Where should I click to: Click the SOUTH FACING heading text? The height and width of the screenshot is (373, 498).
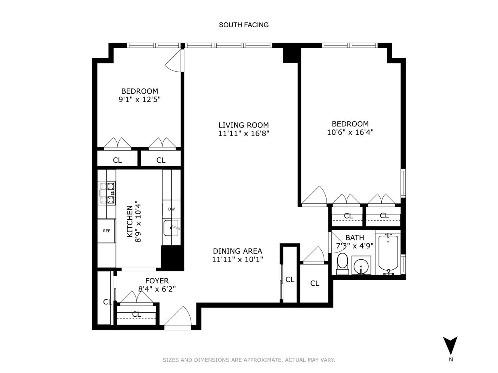[x=244, y=25]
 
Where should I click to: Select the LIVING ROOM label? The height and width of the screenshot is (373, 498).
[x=244, y=125]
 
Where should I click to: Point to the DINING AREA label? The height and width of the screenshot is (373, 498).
[x=238, y=251]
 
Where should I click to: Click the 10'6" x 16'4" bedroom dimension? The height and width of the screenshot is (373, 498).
[x=350, y=132]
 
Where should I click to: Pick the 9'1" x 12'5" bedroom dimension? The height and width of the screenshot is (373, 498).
[x=139, y=100]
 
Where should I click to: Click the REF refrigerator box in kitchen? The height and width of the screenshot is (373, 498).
[x=106, y=231]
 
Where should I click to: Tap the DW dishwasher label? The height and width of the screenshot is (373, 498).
[x=171, y=209]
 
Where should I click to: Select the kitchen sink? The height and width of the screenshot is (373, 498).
[x=171, y=228]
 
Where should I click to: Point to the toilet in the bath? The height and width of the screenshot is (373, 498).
[x=342, y=262]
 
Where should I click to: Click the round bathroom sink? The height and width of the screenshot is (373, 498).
[x=361, y=266]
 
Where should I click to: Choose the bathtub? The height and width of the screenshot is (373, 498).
[x=389, y=253]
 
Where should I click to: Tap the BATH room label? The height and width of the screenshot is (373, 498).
[x=355, y=238]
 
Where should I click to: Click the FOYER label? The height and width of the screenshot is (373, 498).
[x=157, y=281]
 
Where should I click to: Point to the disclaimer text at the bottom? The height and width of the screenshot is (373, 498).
[x=249, y=360]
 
